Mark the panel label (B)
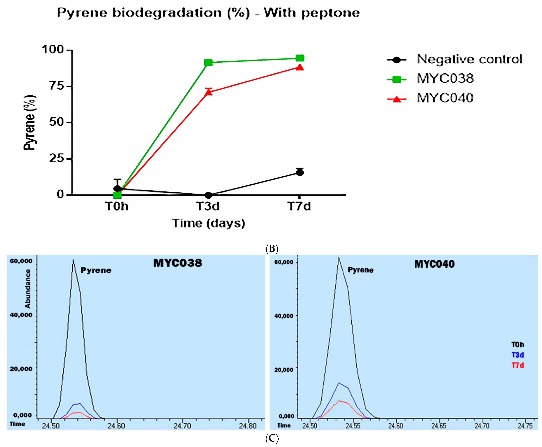click(272, 249)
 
